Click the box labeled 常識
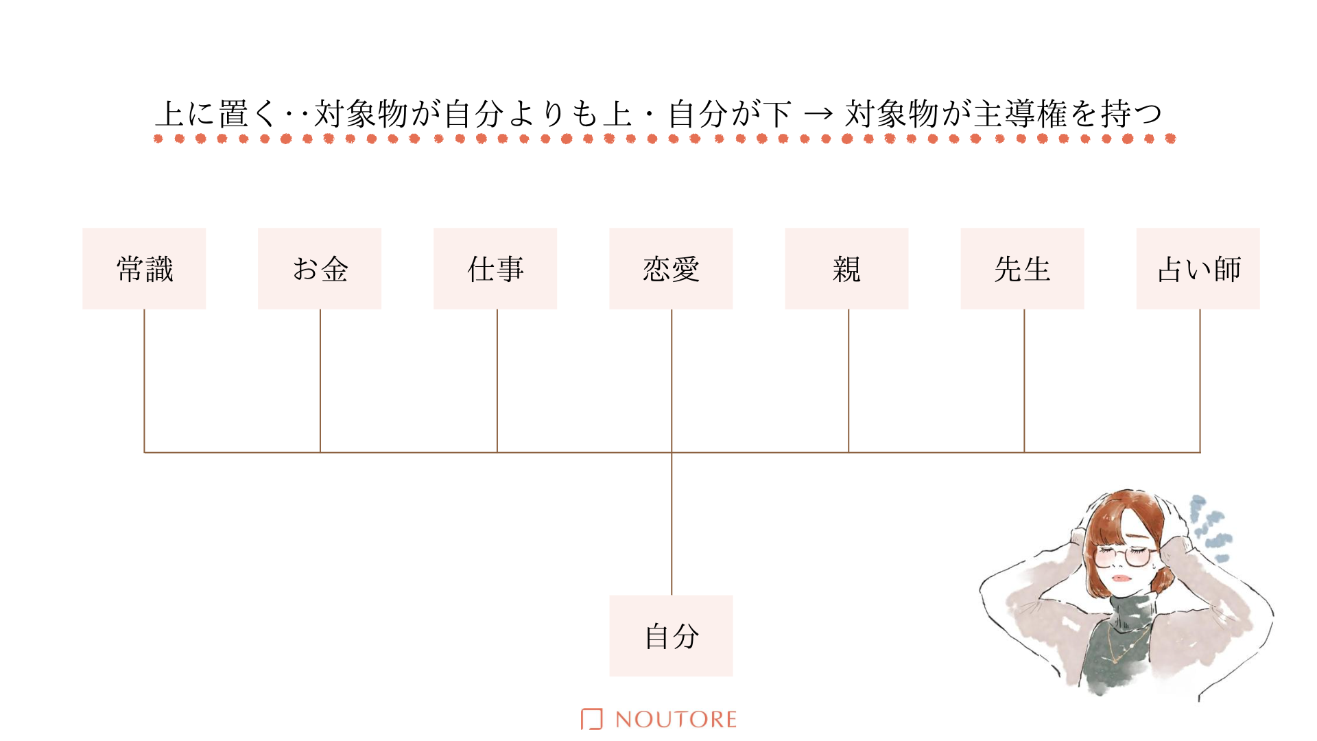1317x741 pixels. pyautogui.click(x=144, y=268)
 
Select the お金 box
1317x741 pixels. pyautogui.click(x=320, y=268)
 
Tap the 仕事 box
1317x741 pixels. pyautogui.click(x=495, y=268)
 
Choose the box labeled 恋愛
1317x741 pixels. pyautogui.click(x=671, y=268)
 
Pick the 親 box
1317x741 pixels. pyautogui.click(x=846, y=268)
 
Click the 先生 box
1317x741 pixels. pyautogui.click(x=1022, y=268)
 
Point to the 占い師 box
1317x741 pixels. pyautogui.click(x=1198, y=268)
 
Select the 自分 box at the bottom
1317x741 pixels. pyautogui.click(x=671, y=636)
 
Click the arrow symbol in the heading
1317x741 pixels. pyautogui.click(x=818, y=114)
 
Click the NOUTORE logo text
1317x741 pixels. pyautogui.click(x=676, y=719)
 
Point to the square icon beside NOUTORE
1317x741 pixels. pyautogui.click(x=591, y=719)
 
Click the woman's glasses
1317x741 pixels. pyautogui.click(x=1122, y=556)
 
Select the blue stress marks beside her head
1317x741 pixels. pyautogui.click(x=1209, y=527)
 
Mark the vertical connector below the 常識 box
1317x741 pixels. pyautogui.click(x=144, y=381)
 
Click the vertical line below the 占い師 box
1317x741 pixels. pyautogui.click(x=1200, y=381)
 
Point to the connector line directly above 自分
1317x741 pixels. pyautogui.click(x=672, y=524)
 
